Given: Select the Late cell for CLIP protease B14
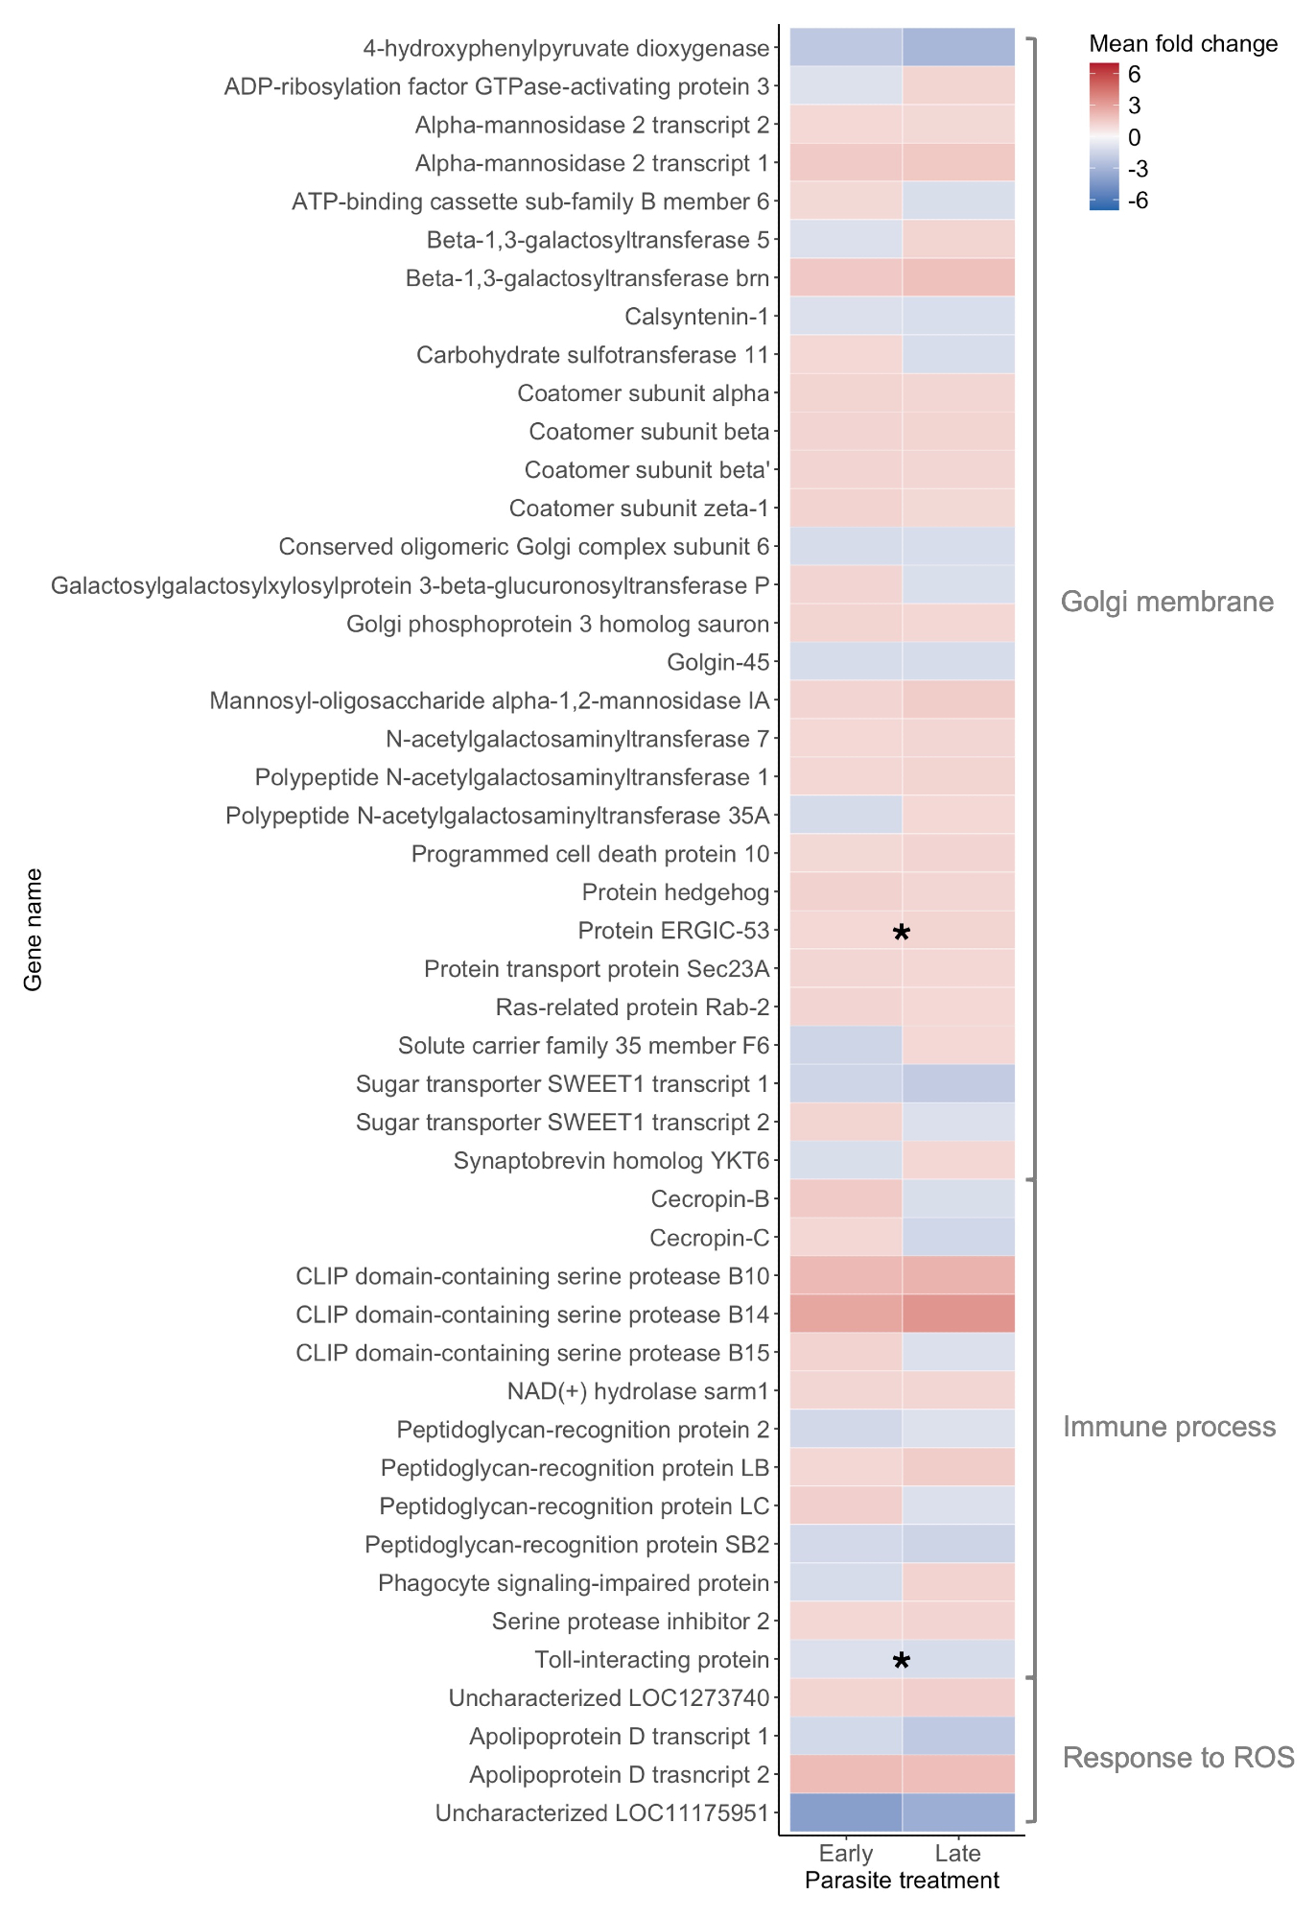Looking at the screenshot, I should (x=958, y=1314).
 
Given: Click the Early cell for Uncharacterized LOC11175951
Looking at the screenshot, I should (x=845, y=1812).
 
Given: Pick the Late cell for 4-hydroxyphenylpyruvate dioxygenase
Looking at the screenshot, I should (x=958, y=47).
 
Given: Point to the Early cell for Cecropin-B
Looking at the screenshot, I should (x=845, y=1198).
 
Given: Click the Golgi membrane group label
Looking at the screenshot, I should (x=1166, y=602).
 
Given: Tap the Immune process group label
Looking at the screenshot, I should (x=1168, y=1427).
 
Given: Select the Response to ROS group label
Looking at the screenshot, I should (x=1178, y=1757).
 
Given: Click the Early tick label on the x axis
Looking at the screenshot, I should (x=846, y=1853).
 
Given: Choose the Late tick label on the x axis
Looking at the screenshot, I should (x=957, y=1853).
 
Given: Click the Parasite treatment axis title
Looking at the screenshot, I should (x=902, y=1880).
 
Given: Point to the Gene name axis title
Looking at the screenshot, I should (x=34, y=929).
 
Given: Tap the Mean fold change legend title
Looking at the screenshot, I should (x=1183, y=43).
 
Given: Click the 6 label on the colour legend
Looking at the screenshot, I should (x=1135, y=74).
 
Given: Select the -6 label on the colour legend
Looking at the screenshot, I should (x=1138, y=201).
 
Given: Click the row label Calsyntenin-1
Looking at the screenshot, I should (x=696, y=317).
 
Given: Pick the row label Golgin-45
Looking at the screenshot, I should (x=717, y=662).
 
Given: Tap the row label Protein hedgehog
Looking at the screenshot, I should (x=675, y=892).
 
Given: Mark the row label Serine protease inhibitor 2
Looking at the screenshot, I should (x=630, y=1622).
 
